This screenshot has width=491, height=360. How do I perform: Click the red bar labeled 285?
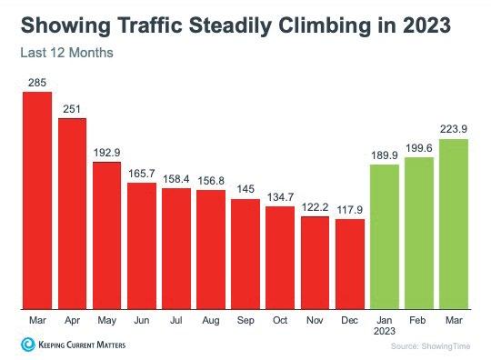[x=37, y=200]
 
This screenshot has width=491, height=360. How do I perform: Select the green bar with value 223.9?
[x=454, y=225]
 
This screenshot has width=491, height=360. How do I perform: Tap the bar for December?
[x=350, y=265]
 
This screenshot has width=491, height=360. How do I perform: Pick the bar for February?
[x=419, y=234]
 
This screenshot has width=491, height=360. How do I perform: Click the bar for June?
[x=142, y=246]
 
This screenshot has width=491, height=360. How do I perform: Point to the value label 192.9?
[x=106, y=153]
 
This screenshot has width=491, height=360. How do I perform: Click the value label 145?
[x=245, y=189]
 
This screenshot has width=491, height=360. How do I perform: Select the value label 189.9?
[x=385, y=155]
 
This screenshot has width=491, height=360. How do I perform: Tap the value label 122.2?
[x=315, y=207]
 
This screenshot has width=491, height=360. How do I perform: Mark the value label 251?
[x=72, y=109]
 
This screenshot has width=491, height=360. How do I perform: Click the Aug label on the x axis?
[x=211, y=320]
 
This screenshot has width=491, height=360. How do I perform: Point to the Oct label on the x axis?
[x=280, y=320]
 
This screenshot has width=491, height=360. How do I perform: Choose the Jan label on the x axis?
[x=385, y=320]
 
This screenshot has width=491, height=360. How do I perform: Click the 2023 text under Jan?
[x=385, y=331]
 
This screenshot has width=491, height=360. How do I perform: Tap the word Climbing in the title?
[x=325, y=25]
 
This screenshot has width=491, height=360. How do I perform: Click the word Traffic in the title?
[x=150, y=25]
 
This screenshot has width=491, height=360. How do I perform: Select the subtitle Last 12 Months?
[x=66, y=53]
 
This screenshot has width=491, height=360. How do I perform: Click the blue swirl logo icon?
[x=28, y=345]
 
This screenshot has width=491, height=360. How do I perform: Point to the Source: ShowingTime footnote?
[x=431, y=346]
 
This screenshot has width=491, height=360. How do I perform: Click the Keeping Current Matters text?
[x=82, y=345]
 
